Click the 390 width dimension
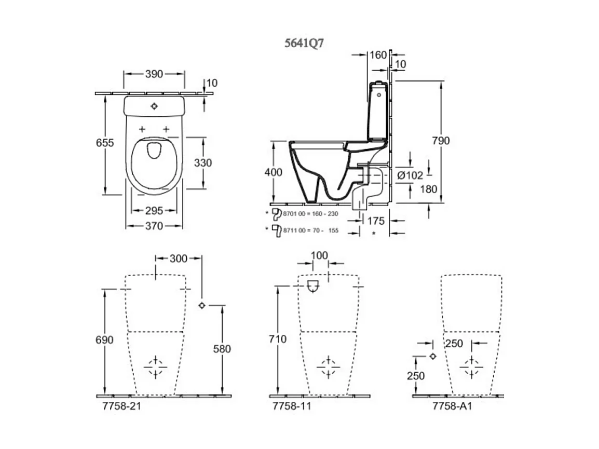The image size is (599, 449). pyautogui.click(x=154, y=74)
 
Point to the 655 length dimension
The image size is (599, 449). pyautogui.click(x=105, y=143)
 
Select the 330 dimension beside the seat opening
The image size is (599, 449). pyautogui.click(x=203, y=162)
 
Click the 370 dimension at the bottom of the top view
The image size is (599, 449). pyautogui.click(x=154, y=226)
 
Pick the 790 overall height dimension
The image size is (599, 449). pyautogui.click(x=441, y=141)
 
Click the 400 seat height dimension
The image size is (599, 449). pyautogui.click(x=274, y=172)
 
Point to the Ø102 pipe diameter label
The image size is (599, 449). pyautogui.click(x=410, y=175)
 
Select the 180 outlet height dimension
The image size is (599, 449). pyautogui.click(x=429, y=189)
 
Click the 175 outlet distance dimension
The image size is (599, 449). pyautogui.click(x=376, y=221)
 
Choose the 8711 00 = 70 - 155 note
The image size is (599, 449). pyautogui.click(x=309, y=230)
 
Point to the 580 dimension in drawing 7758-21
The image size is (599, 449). pyautogui.click(x=222, y=349)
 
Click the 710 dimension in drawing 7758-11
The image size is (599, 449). pyautogui.click(x=278, y=339)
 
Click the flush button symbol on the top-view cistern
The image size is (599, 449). pyautogui.click(x=154, y=106)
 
